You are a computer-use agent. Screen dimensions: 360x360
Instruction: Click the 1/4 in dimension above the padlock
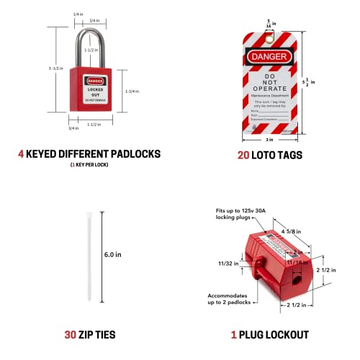[x=77, y=14]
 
